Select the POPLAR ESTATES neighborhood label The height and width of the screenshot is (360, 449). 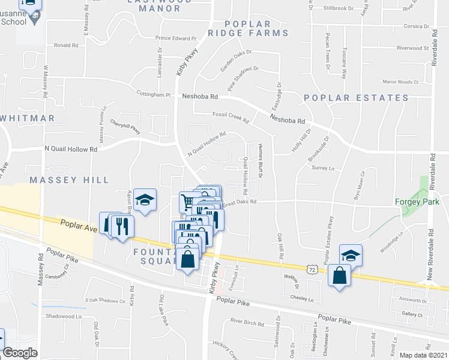[356, 98]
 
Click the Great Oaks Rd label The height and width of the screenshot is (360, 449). [240, 203]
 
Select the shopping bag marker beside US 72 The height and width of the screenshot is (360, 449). [339, 275]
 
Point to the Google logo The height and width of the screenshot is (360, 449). [20, 353]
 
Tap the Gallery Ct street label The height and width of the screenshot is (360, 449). [413, 314]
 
